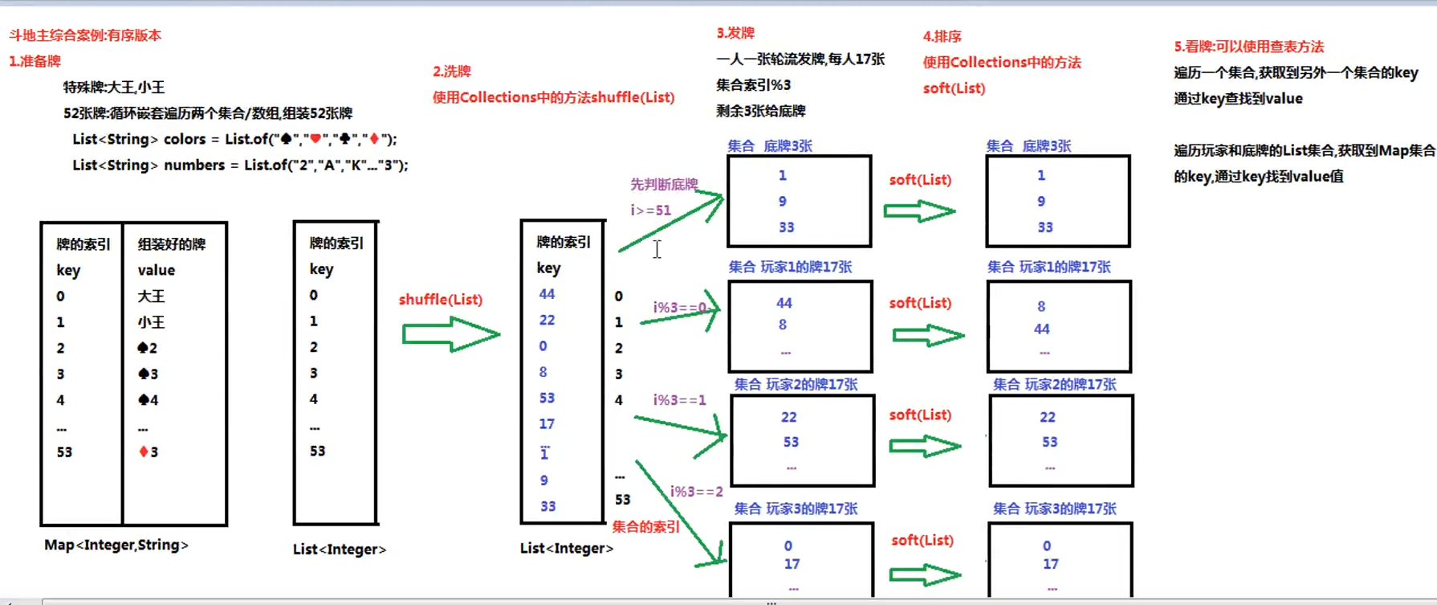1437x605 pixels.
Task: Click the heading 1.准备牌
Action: tap(35, 61)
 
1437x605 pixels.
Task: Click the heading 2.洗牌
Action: tap(451, 72)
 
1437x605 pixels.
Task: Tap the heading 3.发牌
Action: tap(735, 33)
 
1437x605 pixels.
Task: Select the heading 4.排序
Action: tap(942, 36)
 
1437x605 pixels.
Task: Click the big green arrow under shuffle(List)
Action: tap(450, 334)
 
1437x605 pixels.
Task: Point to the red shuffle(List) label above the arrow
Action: tap(441, 300)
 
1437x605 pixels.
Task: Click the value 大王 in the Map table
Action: tap(151, 296)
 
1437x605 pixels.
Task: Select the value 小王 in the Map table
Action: tap(151, 322)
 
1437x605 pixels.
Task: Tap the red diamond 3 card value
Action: tap(149, 452)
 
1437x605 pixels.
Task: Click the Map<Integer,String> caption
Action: tap(116, 545)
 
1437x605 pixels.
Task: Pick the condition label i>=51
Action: tap(650, 211)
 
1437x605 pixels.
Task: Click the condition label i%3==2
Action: tap(697, 491)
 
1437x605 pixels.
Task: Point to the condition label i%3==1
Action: tap(679, 400)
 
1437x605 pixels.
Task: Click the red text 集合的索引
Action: tap(645, 527)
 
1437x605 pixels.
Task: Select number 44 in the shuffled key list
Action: tap(547, 294)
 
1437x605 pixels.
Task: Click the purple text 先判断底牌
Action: tap(664, 185)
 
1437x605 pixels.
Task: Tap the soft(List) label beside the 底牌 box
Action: tap(920, 180)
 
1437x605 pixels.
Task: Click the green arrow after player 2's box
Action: tap(925, 446)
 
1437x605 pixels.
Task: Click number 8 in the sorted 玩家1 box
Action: tap(1041, 306)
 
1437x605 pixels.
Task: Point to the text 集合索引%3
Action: tap(753, 85)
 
